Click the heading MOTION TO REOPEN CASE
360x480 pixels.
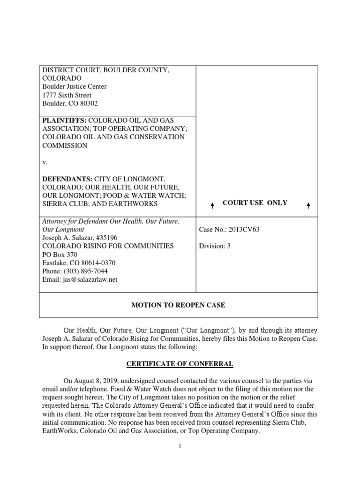pyautogui.click(x=178, y=305)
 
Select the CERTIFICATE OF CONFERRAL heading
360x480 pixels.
pyautogui.click(x=180, y=363)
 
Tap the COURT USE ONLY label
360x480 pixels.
pyautogui.click(x=255, y=203)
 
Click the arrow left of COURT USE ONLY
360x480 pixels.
pyautogui.click(x=212, y=204)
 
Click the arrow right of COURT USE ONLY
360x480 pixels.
pyautogui.click(x=307, y=204)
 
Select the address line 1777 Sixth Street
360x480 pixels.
pyautogui.click(x=67, y=95)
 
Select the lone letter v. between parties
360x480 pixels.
pyautogui.click(x=45, y=162)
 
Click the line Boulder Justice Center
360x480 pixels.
pyautogui.click(x=75, y=87)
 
